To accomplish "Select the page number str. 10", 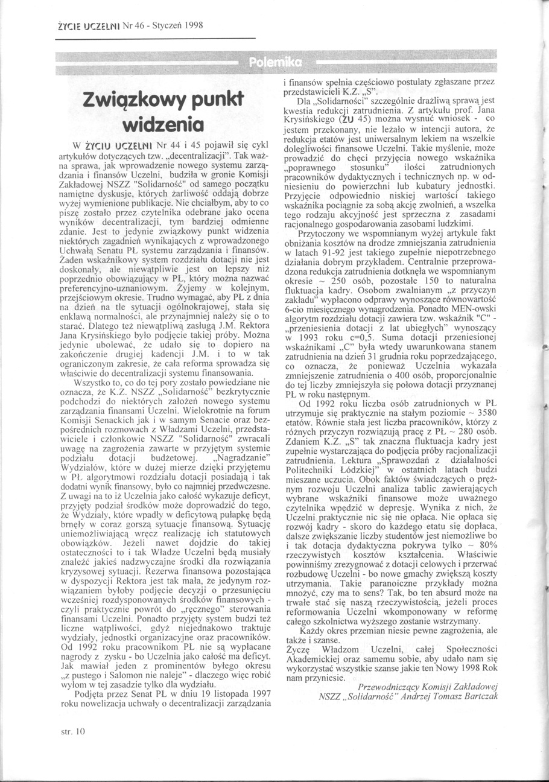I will pos(74,732).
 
